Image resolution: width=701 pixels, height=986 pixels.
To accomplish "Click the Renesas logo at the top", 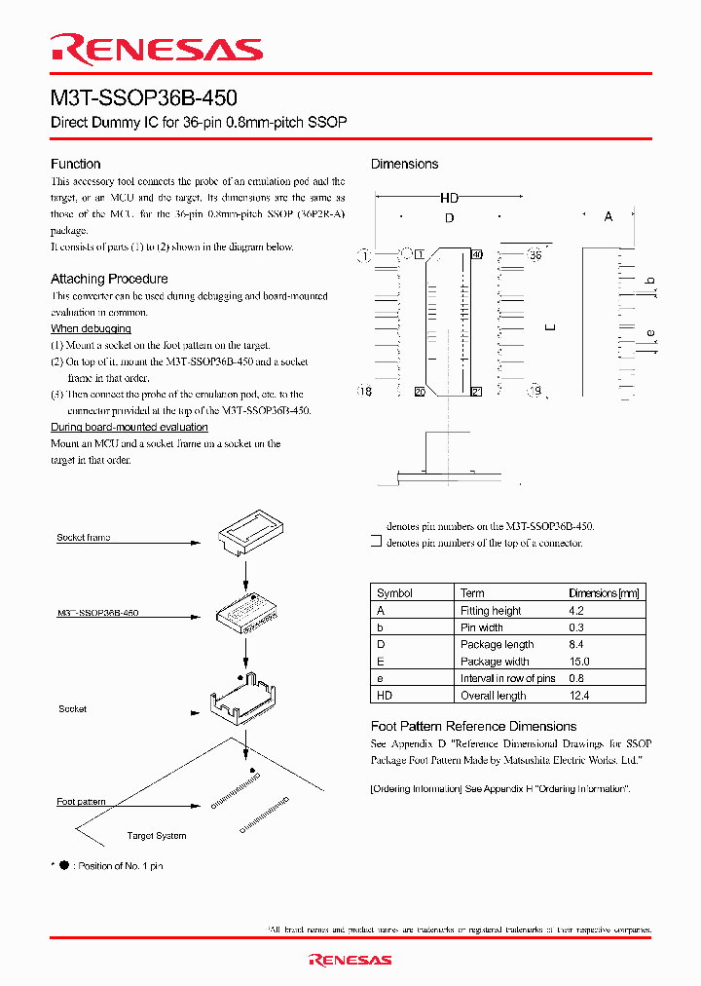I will [156, 49].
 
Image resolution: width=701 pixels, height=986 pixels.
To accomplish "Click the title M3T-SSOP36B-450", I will [143, 98].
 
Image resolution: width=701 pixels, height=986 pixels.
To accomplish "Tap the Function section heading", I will [75, 164].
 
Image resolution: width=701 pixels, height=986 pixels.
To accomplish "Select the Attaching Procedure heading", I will [109, 279].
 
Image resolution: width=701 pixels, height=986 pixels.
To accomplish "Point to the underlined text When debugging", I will [91, 329].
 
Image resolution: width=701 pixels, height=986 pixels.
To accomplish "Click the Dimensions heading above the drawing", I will [404, 164].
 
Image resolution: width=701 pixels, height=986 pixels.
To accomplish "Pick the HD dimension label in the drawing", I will [449, 198].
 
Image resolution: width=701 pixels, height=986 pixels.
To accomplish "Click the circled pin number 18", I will [365, 391].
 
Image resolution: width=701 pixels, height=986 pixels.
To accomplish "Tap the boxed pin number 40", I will [476, 255].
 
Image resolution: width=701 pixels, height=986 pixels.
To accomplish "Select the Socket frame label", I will [83, 538].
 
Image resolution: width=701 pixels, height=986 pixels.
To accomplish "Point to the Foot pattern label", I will [81, 802].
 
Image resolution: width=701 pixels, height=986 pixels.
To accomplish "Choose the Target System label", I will [156, 836].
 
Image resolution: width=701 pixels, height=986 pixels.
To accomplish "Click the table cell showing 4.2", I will [577, 611].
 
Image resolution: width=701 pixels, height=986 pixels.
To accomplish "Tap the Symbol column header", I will [394, 593].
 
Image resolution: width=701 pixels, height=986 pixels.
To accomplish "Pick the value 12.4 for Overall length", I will [579, 696].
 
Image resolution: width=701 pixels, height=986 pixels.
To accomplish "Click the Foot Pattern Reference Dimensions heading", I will [473, 726].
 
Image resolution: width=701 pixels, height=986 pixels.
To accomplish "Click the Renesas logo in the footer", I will [350, 960].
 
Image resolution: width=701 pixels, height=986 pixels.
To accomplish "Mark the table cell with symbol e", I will [380, 678].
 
